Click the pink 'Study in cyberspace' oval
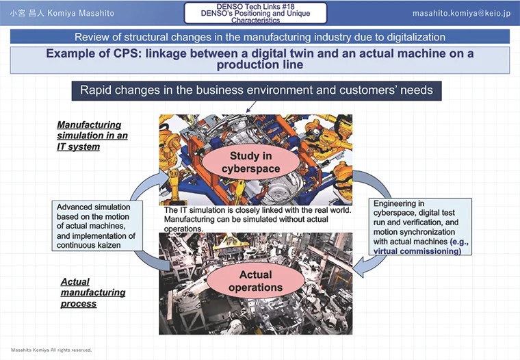point(250,162)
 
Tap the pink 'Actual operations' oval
point(255,281)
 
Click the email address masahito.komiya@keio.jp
point(462,13)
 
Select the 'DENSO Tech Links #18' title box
point(255,13)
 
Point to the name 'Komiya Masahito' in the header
point(81,13)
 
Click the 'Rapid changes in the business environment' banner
point(257,90)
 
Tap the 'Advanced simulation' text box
point(97,226)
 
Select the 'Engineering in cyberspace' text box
point(420,227)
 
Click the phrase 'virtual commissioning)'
point(417,251)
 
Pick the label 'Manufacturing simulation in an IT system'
point(92,136)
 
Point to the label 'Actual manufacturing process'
point(93,292)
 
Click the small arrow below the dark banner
point(251,107)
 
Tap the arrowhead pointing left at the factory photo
point(358,270)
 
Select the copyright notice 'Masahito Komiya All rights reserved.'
point(51,350)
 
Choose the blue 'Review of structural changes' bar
point(260,36)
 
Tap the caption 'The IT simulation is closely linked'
point(258,219)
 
